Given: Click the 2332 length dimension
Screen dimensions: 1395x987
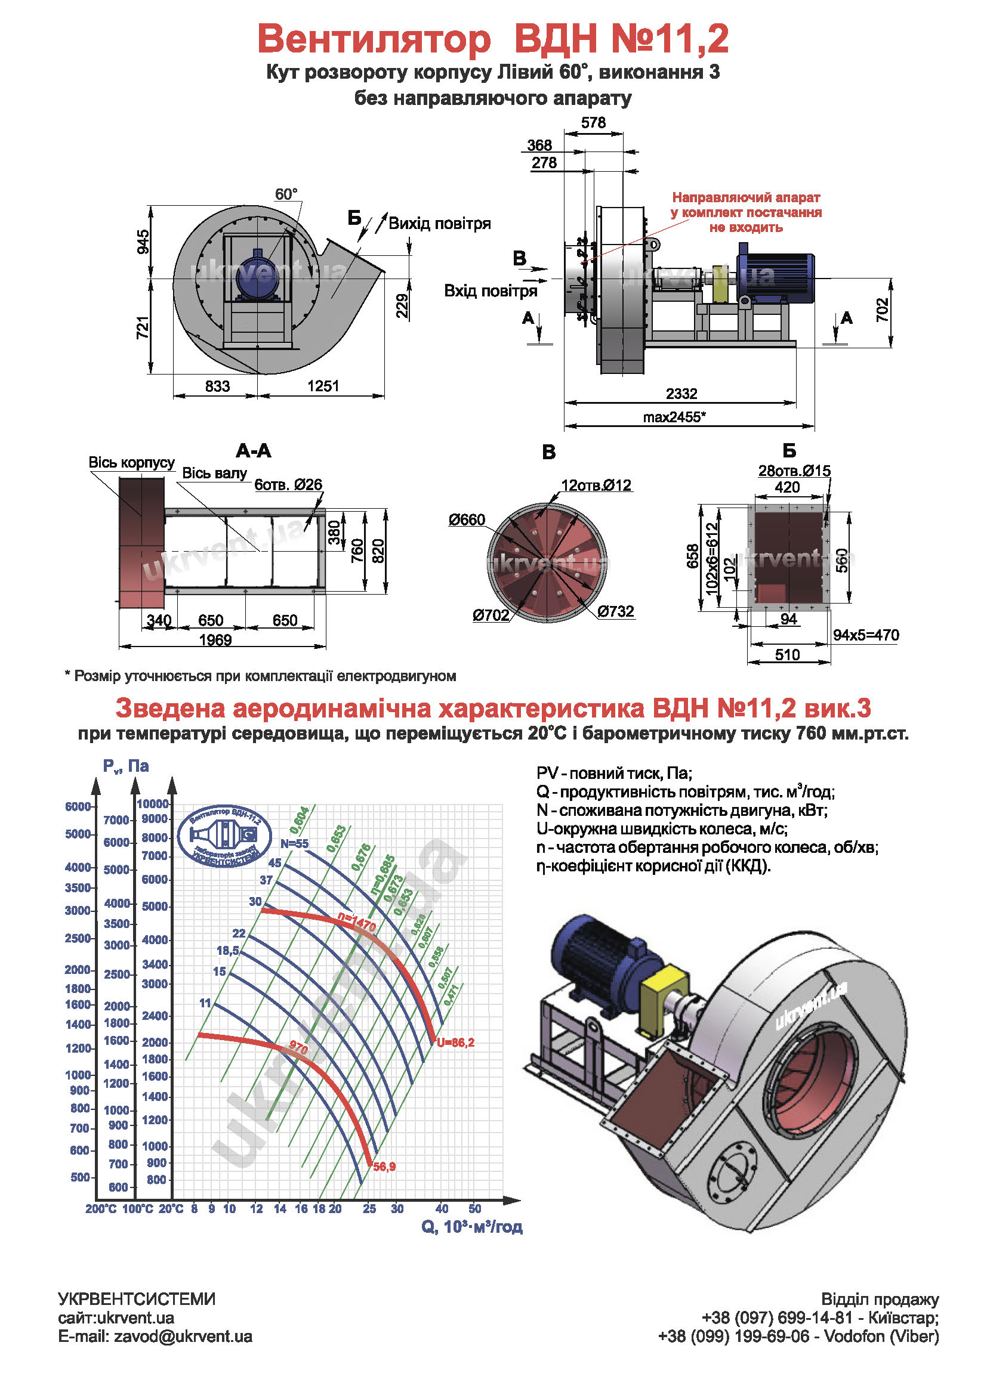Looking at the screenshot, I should pyautogui.click(x=681, y=394).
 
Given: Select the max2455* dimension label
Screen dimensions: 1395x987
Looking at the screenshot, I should pyautogui.click(x=674, y=417).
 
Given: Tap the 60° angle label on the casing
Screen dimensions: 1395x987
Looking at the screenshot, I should pyautogui.click(x=286, y=194).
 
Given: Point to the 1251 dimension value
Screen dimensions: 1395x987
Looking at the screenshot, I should pyautogui.click(x=323, y=386).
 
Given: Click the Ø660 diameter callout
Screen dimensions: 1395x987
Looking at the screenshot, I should pyautogui.click(x=467, y=520).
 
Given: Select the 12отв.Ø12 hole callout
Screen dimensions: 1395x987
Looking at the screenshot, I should pyautogui.click(x=596, y=485).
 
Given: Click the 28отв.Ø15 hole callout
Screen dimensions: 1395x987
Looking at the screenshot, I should pyautogui.click(x=794, y=471).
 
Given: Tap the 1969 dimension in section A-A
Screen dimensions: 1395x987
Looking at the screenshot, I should pyautogui.click(x=215, y=641).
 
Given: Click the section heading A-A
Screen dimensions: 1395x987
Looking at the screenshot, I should pyautogui.click(x=254, y=451).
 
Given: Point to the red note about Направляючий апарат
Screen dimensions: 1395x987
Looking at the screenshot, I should pyautogui.click(x=746, y=213).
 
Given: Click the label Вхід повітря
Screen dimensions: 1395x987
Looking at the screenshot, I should pyautogui.click(x=491, y=291).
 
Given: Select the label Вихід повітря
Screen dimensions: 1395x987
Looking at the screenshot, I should pyautogui.click(x=439, y=224).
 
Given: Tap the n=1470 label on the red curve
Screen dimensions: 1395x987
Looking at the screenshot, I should pyautogui.click(x=357, y=921).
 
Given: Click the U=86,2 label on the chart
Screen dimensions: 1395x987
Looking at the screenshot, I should pyautogui.click(x=455, y=1043).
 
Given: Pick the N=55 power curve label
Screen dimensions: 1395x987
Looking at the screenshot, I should pyautogui.click(x=294, y=844).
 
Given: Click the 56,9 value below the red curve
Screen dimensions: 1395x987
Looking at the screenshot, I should pyautogui.click(x=384, y=1167).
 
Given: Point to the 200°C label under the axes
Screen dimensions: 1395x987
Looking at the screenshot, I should pyautogui.click(x=101, y=1209).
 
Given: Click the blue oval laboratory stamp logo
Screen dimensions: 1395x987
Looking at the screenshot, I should pyautogui.click(x=224, y=837).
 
